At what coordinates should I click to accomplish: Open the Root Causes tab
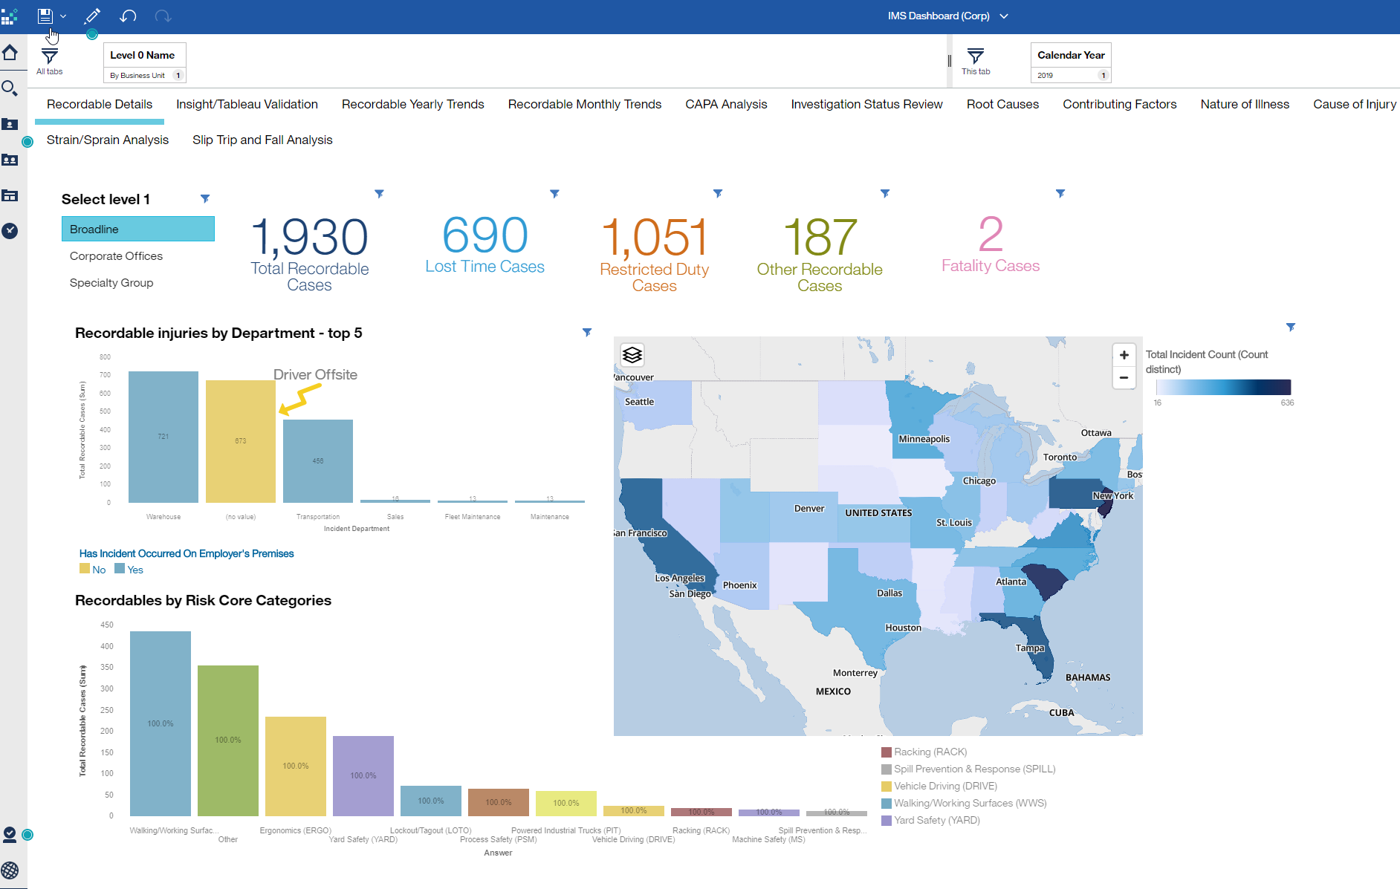[x=1002, y=105]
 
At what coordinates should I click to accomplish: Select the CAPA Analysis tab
[x=726, y=105]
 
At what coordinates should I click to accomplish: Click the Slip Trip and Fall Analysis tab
[x=262, y=140]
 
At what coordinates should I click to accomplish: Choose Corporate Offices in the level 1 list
[x=116, y=256]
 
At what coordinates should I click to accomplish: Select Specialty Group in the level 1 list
[x=111, y=283]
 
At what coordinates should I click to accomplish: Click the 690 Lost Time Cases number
[x=485, y=235]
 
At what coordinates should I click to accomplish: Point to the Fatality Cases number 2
[x=991, y=235]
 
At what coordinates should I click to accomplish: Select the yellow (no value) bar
[x=240, y=441]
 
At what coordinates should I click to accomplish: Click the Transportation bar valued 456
[x=318, y=461]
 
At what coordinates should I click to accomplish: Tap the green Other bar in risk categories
[x=228, y=740]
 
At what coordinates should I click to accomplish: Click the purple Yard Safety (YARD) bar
[x=363, y=775]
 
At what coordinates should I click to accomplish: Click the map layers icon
[x=632, y=355]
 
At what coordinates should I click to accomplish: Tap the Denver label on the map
[x=809, y=509]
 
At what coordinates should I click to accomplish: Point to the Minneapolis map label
[x=924, y=439]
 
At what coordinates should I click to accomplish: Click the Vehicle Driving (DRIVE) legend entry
[x=944, y=787]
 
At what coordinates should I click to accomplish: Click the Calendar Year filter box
[x=1071, y=63]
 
